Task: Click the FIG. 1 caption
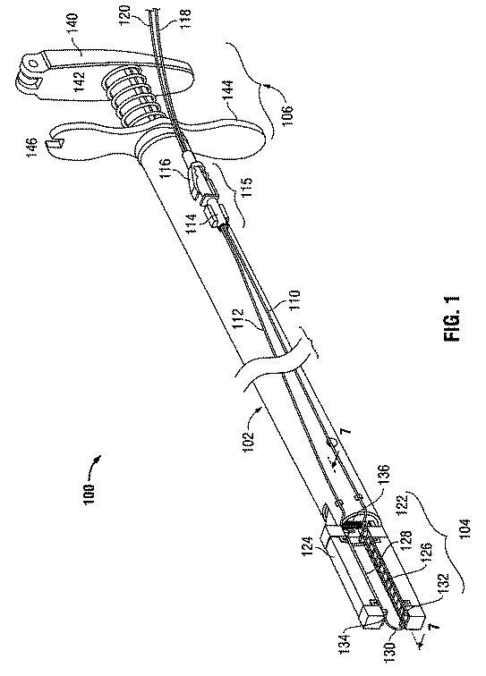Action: pyautogui.click(x=451, y=318)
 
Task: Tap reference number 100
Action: pyautogui.click(x=90, y=494)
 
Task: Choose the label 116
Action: pyautogui.click(x=167, y=169)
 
